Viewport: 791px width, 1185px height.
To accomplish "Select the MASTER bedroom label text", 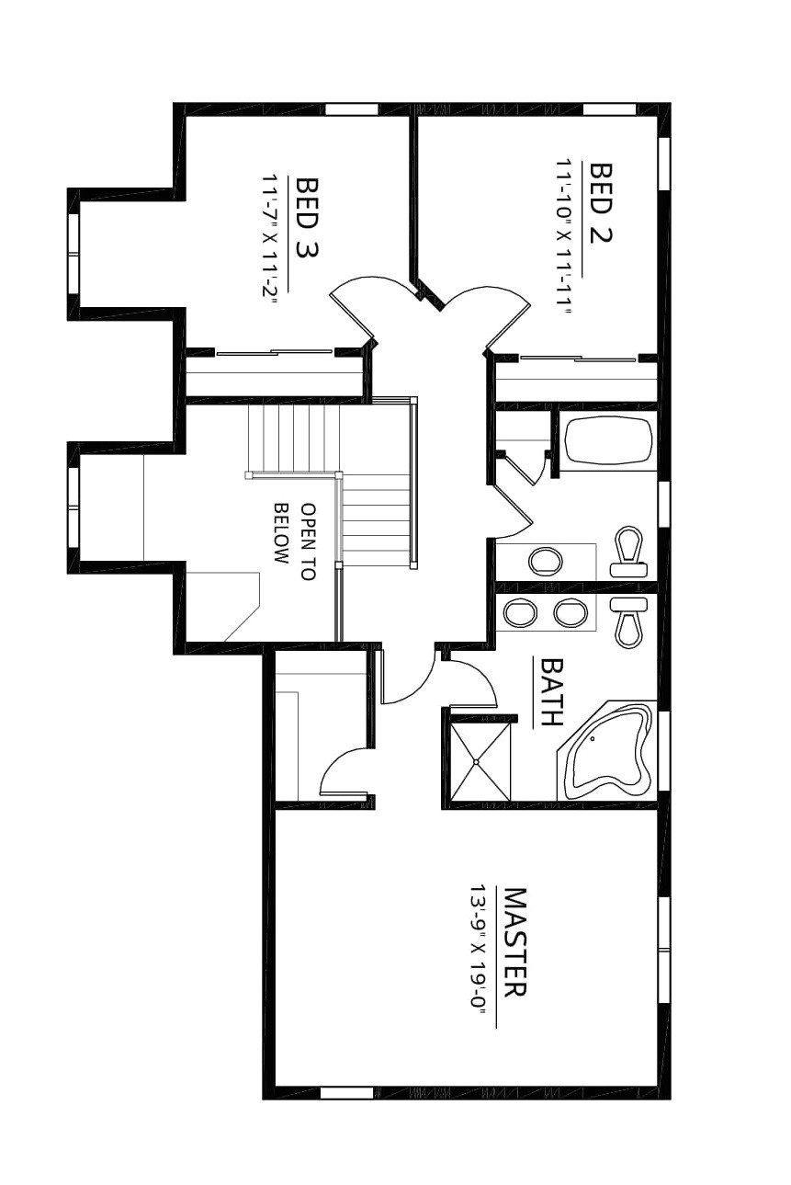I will (x=514, y=942).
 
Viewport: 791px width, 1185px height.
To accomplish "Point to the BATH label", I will (x=550, y=691).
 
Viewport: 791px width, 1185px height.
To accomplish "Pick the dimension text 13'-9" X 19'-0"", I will (x=478, y=947).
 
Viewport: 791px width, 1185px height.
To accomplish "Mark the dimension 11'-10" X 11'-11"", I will (x=563, y=237).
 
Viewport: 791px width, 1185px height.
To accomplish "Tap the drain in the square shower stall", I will (x=477, y=761).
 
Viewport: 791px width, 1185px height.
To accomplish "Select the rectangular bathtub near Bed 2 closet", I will (x=607, y=440).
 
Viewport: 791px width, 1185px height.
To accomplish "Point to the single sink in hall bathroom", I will (x=546, y=561).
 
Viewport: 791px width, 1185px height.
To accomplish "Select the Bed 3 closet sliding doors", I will (x=274, y=351).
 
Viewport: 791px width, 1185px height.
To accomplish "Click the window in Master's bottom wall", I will (x=346, y=1093).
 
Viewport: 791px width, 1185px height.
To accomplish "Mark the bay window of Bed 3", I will (x=73, y=253).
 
